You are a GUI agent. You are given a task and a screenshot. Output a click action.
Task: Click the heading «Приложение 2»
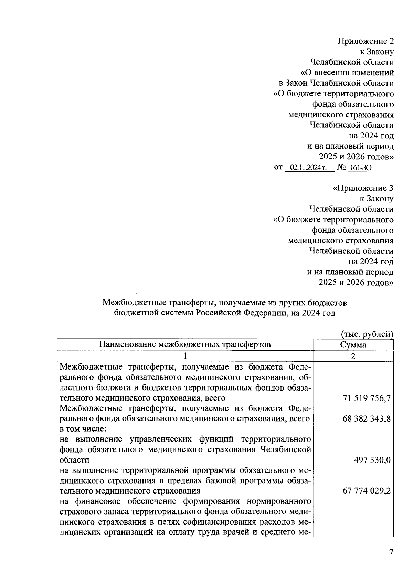(365, 41)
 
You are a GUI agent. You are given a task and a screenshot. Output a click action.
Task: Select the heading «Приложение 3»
(363, 188)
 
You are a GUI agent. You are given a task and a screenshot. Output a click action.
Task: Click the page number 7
(391, 552)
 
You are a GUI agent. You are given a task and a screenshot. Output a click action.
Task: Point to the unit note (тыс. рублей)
(367, 334)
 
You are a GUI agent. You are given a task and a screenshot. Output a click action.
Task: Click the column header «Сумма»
(353, 345)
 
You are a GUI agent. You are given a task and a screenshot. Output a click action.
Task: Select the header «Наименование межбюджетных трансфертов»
(185, 345)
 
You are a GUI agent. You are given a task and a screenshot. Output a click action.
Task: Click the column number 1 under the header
(185, 356)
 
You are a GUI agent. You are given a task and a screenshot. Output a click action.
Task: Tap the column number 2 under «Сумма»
(353, 356)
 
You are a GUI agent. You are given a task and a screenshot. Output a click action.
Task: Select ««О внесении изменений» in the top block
(347, 73)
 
